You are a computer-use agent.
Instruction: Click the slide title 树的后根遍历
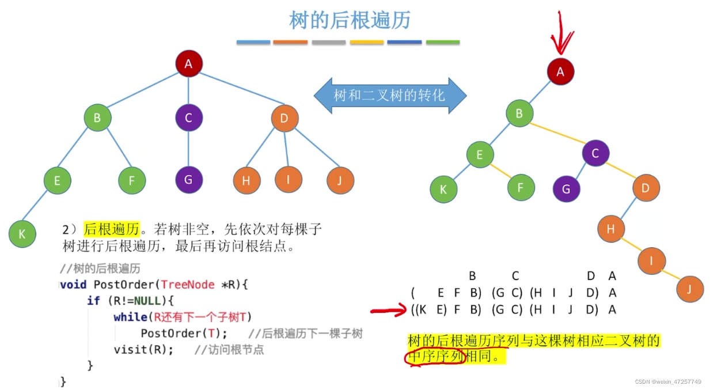click(x=350, y=21)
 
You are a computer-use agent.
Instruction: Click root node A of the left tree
click(x=188, y=65)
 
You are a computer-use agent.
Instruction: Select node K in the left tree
click(x=22, y=234)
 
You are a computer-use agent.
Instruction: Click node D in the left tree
click(x=284, y=119)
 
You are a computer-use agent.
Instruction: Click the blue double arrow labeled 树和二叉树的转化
click(x=390, y=96)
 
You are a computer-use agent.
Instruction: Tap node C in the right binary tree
click(x=595, y=153)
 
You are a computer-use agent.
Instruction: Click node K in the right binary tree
click(x=443, y=189)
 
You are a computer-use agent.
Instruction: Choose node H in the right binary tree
click(x=611, y=229)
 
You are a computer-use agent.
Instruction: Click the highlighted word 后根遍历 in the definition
click(x=112, y=229)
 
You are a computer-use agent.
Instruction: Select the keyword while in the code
click(x=130, y=317)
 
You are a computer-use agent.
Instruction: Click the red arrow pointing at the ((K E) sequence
click(x=388, y=312)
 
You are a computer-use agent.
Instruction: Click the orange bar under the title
click(x=290, y=42)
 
